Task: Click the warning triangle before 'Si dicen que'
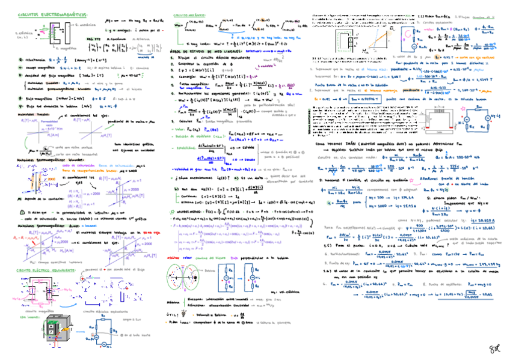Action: click(22, 213)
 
